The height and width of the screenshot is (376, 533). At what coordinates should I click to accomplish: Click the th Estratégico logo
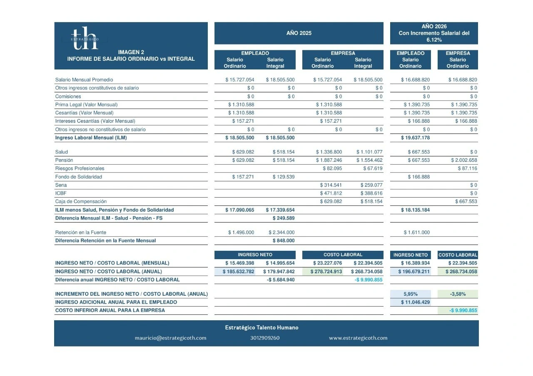click(x=85, y=38)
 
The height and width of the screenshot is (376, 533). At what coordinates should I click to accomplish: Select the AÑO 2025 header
click(x=299, y=33)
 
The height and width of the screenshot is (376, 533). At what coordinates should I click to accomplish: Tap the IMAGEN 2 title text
click(x=131, y=52)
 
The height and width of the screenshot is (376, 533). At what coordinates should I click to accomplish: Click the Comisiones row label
click(x=68, y=96)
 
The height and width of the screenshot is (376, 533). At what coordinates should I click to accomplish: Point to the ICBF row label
click(x=61, y=193)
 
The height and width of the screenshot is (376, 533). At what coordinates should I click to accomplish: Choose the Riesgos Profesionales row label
click(x=80, y=168)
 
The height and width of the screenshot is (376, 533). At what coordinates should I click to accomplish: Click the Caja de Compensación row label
click(x=81, y=202)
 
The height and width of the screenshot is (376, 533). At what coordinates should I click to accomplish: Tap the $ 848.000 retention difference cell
click(x=284, y=241)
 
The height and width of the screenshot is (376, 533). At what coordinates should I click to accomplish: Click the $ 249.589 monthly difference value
click(x=284, y=218)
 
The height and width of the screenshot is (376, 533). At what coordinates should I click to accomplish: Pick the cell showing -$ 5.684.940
click(x=281, y=280)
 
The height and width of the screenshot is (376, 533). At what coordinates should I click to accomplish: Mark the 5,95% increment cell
click(x=411, y=294)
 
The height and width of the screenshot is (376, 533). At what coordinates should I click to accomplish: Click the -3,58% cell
click(x=458, y=294)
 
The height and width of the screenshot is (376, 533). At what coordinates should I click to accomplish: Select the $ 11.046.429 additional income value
click(x=415, y=302)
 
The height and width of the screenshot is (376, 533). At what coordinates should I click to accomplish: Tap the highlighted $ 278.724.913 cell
click(x=327, y=272)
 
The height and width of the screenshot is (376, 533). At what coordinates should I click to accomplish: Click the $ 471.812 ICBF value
click(x=331, y=193)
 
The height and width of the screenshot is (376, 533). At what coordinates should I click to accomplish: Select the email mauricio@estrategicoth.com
click(x=170, y=338)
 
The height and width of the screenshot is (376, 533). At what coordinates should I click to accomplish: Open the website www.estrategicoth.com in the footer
click(x=358, y=338)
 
